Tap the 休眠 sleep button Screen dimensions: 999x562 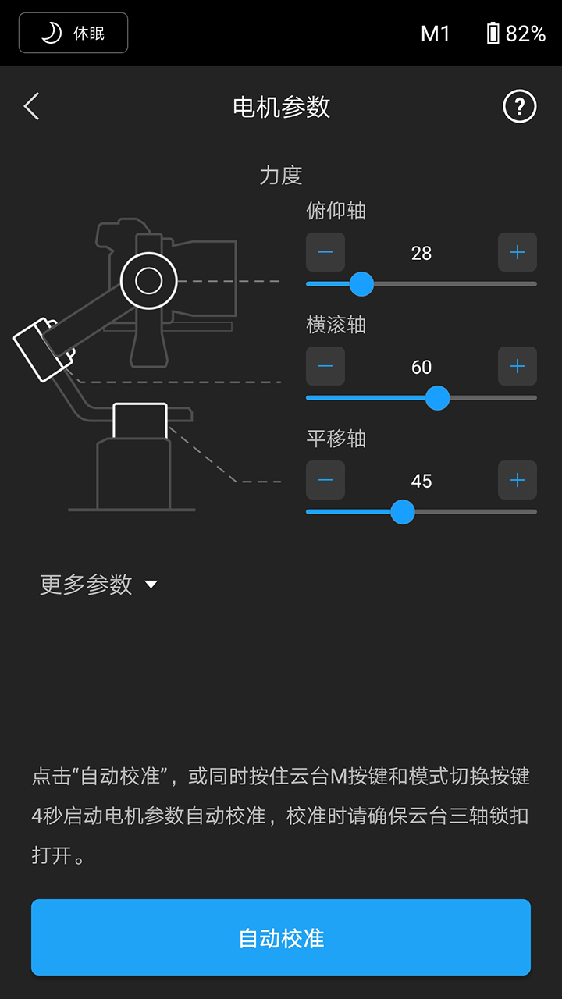point(73,33)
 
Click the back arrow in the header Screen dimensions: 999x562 point(31,106)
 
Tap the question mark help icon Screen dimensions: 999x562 point(520,106)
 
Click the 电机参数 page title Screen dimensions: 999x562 point(281,107)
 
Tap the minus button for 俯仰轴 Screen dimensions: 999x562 point(325,252)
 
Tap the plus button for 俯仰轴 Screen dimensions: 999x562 point(518,252)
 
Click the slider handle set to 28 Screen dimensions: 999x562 point(361,284)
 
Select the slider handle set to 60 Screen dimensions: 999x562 point(438,398)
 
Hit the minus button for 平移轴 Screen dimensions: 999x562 point(325,480)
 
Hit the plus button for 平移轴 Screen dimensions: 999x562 point(518,480)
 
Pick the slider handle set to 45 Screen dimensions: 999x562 point(403,512)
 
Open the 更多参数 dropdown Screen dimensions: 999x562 point(98,585)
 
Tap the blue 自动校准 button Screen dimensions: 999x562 point(281,937)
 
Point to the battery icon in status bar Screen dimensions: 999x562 point(493,33)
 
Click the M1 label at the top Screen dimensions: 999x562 point(436,34)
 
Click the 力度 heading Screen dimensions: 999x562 point(281,175)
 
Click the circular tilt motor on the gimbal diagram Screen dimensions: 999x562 point(148,280)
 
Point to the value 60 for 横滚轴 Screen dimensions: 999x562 point(421,367)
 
